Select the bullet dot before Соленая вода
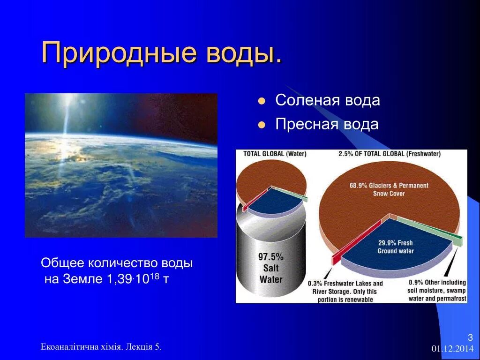point(262,101)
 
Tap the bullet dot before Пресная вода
point(262,125)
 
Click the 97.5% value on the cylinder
point(271,256)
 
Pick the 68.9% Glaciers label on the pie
point(389,189)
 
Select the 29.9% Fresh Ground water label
point(396,247)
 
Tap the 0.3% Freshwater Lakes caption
point(345,292)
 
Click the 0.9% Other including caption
point(437,290)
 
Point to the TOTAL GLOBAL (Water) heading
point(275,154)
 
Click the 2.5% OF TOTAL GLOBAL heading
point(390,154)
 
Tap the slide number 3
point(471,337)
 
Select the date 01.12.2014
point(452,349)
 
